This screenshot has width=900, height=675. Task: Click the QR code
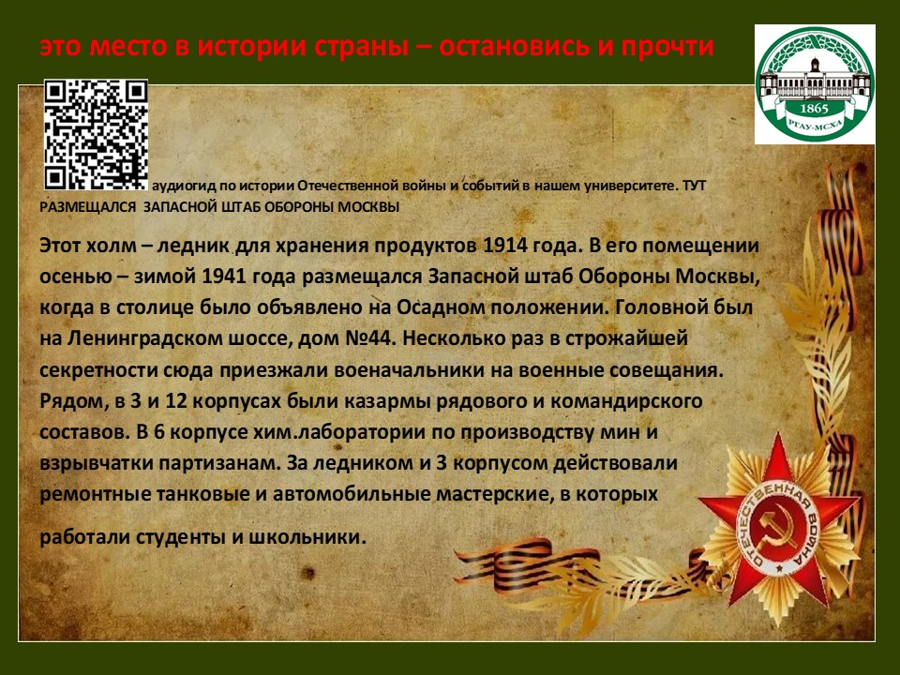click(x=97, y=135)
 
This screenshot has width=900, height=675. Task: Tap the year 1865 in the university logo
click(x=814, y=109)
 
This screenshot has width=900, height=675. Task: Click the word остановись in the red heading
click(x=514, y=47)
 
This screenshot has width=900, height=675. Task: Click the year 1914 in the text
click(x=505, y=246)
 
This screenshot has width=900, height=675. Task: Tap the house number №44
click(x=370, y=338)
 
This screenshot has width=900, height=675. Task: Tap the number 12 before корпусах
click(x=176, y=400)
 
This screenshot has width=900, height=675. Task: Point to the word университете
click(x=631, y=187)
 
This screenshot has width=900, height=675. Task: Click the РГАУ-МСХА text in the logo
click(x=814, y=125)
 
